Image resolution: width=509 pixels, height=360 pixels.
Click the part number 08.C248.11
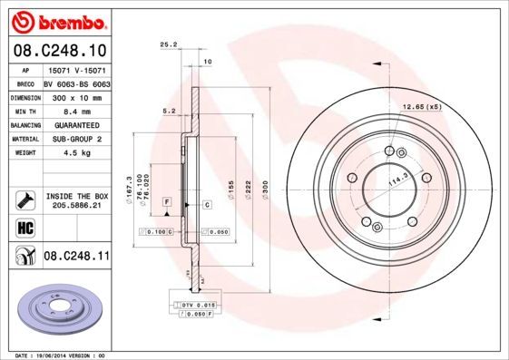click(x=76, y=258)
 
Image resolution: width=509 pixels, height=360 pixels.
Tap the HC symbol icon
click(x=25, y=226)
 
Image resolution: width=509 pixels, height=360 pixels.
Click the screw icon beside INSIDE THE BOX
click(x=25, y=199)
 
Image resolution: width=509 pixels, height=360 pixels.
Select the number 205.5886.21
click(x=74, y=206)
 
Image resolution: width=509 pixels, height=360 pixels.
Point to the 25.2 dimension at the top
click(x=167, y=44)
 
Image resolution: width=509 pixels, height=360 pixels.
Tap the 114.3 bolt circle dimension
click(x=396, y=183)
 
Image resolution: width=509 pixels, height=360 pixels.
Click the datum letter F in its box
click(x=167, y=199)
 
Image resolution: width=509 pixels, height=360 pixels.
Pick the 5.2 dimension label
click(x=167, y=112)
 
